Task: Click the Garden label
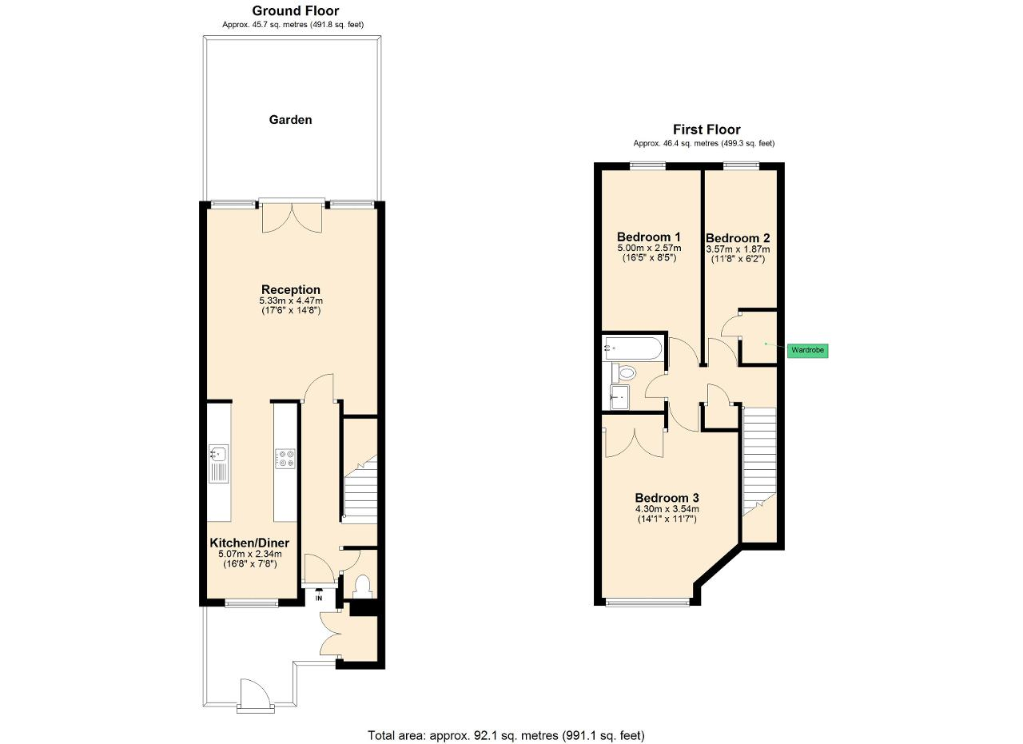(x=290, y=120)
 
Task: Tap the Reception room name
(x=290, y=289)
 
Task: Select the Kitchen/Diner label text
(x=249, y=543)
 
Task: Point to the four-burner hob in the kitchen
(x=285, y=458)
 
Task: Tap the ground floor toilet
(x=363, y=587)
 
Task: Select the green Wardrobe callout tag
(x=807, y=350)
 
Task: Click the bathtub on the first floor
(x=632, y=348)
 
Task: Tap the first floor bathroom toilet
(x=624, y=373)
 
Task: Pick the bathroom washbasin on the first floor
(x=619, y=397)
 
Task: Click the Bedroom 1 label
(x=648, y=237)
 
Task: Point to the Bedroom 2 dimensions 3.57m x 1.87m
(x=738, y=249)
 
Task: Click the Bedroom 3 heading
(x=667, y=498)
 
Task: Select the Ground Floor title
(x=296, y=10)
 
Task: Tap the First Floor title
(x=707, y=129)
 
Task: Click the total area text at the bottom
(x=506, y=722)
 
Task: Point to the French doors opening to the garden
(x=293, y=216)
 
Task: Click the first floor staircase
(x=759, y=461)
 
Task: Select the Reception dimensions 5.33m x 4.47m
(x=291, y=300)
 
